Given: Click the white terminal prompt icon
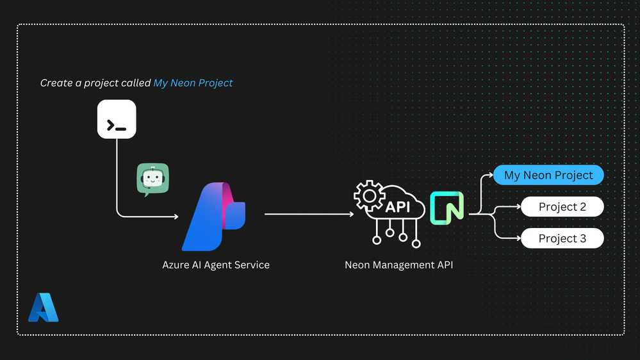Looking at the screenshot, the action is coord(117,119).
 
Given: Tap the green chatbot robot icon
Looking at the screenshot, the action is coord(152,179).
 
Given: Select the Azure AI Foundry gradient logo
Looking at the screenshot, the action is coord(213,217).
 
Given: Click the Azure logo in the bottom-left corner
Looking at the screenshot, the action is coord(44,307).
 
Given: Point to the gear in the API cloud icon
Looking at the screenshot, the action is coord(370,196).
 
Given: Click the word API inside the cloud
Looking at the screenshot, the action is coord(398,207).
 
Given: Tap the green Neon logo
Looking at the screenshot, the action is coord(447,208).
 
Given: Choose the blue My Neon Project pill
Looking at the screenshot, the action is coord(548,175).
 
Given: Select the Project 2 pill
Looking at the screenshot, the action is coord(562,206).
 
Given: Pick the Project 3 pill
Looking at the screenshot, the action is coord(562,238).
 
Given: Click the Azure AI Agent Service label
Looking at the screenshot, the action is coord(216,265).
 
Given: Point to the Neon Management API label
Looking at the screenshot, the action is coord(398,265).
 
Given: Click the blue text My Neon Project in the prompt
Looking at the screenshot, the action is coord(193,83).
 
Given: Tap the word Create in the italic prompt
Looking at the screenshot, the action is coord(56,83).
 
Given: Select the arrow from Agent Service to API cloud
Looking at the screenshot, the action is coord(309,214).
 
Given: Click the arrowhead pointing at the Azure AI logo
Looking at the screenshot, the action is coord(176,217).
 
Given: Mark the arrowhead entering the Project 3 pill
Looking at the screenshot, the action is coord(518,238).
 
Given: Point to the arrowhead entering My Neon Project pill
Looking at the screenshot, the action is coord(491,175).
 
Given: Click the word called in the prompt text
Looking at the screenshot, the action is coord(138,83).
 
